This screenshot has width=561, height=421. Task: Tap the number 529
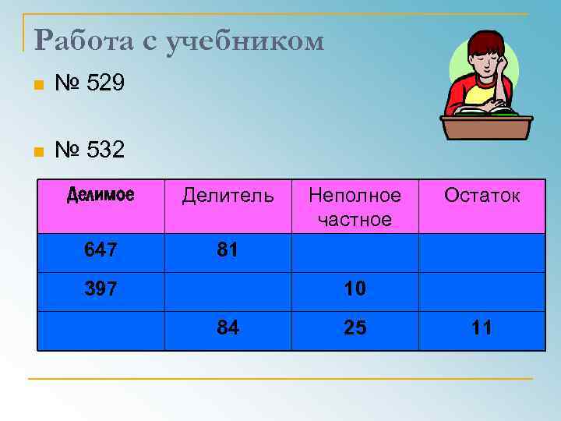(x=101, y=83)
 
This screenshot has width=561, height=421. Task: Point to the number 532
(x=101, y=149)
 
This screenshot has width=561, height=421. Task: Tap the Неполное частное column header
(x=355, y=207)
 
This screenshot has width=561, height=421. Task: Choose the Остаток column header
(x=482, y=195)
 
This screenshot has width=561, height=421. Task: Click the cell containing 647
(x=101, y=250)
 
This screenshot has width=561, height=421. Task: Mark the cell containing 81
(x=228, y=250)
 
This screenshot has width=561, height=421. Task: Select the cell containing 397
(x=101, y=289)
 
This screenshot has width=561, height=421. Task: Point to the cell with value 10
(x=355, y=289)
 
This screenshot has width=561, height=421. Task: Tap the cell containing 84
(x=228, y=328)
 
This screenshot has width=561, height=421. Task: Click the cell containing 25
(x=355, y=328)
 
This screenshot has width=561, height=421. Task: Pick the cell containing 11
(x=482, y=328)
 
